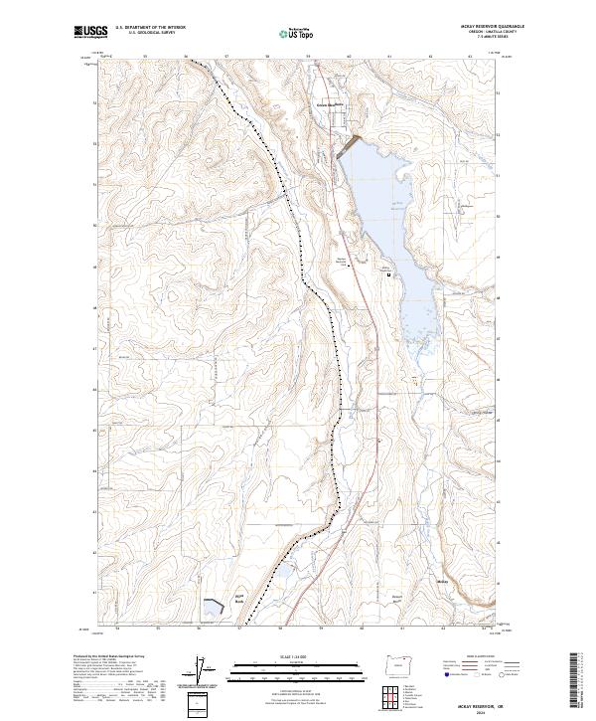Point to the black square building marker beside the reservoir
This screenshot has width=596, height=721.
pyautogui.click(x=388, y=274)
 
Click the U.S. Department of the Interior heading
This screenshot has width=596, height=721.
pyautogui.click(x=150, y=27)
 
